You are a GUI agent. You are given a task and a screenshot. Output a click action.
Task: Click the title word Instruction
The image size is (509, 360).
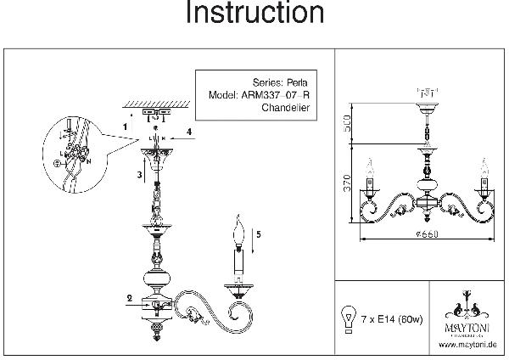254,14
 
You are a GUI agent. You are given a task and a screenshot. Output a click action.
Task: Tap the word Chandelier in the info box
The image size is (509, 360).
284,109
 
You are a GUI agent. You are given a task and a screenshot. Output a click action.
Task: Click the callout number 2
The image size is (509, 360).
129,297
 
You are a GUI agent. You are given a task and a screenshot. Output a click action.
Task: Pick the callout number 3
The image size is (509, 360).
139,174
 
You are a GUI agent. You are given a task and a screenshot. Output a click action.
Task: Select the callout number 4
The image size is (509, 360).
189,131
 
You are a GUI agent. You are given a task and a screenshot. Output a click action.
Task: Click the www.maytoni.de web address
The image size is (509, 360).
467,346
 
